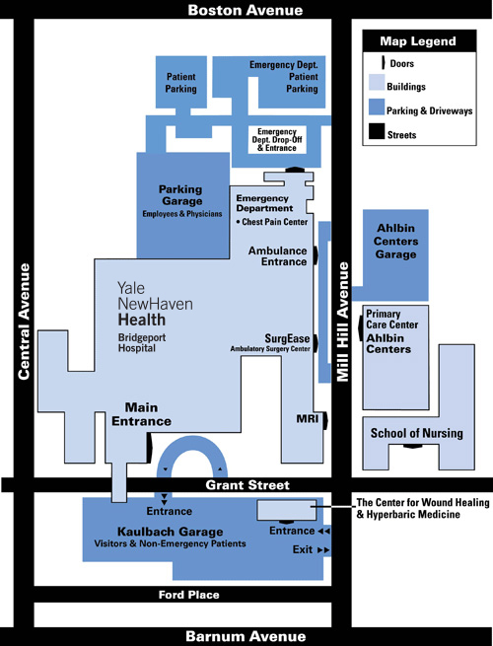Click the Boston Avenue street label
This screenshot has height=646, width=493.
246,10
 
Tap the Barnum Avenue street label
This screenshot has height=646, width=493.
246,636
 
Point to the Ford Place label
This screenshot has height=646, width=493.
189,595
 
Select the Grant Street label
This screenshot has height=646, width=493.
247,485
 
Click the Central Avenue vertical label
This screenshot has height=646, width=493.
24,322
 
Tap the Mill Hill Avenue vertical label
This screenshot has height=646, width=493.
343,322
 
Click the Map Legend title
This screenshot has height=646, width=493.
418,41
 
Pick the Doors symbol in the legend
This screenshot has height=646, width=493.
383,62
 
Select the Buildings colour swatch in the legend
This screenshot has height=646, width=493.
377,83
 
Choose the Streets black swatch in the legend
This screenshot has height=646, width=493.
377,131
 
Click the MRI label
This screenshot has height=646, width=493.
308,419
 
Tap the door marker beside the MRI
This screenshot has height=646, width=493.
325,421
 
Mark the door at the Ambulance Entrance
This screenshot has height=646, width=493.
316,255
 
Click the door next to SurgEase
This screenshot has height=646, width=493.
316,343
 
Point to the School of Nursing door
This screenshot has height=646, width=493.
413,447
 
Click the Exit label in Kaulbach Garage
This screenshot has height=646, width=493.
303,549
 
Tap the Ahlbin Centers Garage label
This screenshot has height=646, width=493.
395,241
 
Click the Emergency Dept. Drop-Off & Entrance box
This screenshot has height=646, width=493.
277,140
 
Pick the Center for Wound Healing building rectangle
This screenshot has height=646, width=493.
287,511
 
